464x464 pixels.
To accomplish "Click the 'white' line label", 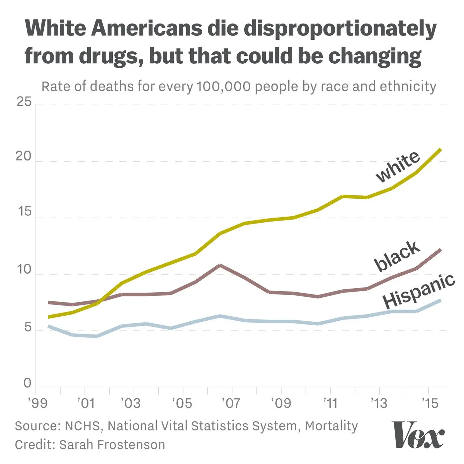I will click(x=398, y=166).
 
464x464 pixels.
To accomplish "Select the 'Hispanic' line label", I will click(x=419, y=292).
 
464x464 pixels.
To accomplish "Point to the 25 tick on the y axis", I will click(x=24, y=101).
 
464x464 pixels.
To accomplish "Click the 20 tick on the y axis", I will click(x=24, y=157).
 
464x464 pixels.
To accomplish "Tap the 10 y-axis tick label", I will click(x=24, y=269).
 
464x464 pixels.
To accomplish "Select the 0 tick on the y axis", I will click(x=28, y=383).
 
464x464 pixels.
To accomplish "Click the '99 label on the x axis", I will click(x=37, y=403).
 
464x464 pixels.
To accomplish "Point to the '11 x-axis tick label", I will click(x=330, y=403).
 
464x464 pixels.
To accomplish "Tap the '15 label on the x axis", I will click(x=430, y=403).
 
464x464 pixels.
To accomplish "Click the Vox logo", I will click(x=418, y=435).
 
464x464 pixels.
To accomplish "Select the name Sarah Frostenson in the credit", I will click(x=112, y=445).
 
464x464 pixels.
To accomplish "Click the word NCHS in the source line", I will click(x=83, y=426).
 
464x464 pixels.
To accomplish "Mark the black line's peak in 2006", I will click(x=220, y=265).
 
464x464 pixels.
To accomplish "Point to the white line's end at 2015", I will click(x=440, y=150).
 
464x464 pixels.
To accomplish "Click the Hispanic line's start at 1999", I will click(x=49, y=326).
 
